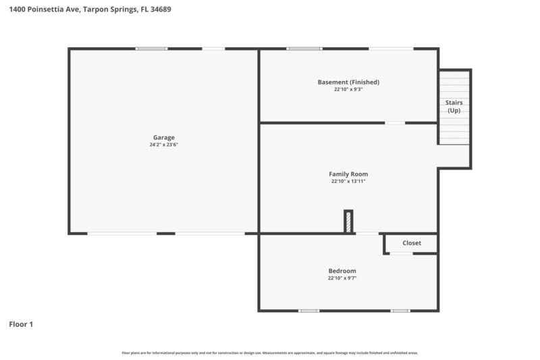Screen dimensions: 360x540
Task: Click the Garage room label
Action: tap(163, 137)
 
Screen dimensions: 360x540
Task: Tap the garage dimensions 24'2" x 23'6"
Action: tap(163, 145)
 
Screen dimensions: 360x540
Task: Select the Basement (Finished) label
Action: tap(348, 82)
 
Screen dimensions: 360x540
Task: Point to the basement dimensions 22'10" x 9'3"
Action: tap(348, 89)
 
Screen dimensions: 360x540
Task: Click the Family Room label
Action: tap(348, 174)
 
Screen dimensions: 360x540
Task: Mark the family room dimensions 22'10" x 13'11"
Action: tap(348, 181)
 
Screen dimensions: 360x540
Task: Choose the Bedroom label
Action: tap(342, 271)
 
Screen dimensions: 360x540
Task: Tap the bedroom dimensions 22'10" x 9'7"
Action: tap(342, 278)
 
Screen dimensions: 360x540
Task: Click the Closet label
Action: tap(412, 243)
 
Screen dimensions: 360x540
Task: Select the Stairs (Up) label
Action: tap(454, 106)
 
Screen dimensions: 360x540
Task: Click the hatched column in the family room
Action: tap(348, 222)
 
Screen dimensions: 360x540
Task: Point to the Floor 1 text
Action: tap(21, 324)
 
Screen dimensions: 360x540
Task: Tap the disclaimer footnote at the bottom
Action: tap(270, 353)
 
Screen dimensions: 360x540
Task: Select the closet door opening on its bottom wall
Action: tap(402, 253)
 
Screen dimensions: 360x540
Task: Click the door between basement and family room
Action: tap(395, 123)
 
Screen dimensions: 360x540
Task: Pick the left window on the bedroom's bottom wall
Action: tap(308, 311)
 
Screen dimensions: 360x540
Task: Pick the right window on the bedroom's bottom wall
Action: tap(400, 311)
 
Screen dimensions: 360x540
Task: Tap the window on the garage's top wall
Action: tap(151, 49)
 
